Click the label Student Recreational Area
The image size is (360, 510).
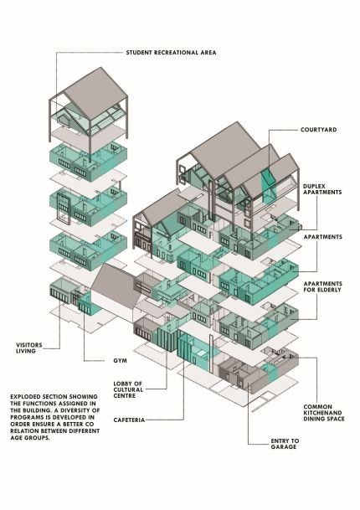click(x=171, y=53)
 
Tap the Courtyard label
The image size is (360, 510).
click(x=319, y=130)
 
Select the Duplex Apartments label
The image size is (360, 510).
click(x=322, y=189)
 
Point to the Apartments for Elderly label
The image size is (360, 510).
click(x=322, y=286)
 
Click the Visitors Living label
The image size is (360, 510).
click(x=29, y=348)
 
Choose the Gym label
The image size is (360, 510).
click(x=121, y=361)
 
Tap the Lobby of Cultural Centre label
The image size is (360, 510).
click(x=128, y=389)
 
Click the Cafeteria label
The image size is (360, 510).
click(x=129, y=420)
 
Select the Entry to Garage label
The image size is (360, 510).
click(x=285, y=444)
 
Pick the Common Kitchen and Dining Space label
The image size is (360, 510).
click(x=323, y=413)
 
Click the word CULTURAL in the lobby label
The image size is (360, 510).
click(x=128, y=389)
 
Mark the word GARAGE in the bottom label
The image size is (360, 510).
click(x=284, y=447)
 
